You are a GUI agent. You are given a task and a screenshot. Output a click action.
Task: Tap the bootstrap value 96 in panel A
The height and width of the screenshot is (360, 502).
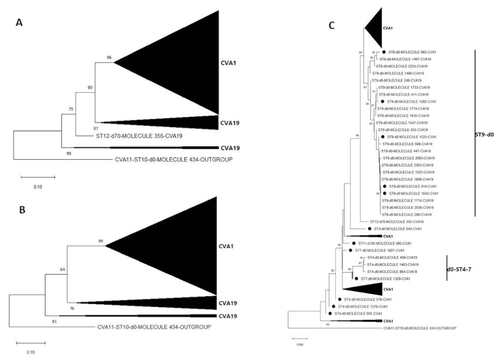click(x=109, y=58)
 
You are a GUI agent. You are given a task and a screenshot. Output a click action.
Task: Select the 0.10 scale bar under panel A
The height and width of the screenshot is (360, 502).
click(x=37, y=176)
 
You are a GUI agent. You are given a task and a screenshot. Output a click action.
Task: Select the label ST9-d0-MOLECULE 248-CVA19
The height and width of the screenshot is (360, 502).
click(x=400, y=80)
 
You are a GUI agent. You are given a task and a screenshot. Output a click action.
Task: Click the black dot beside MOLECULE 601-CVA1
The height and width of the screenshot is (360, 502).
click(x=329, y=313)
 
